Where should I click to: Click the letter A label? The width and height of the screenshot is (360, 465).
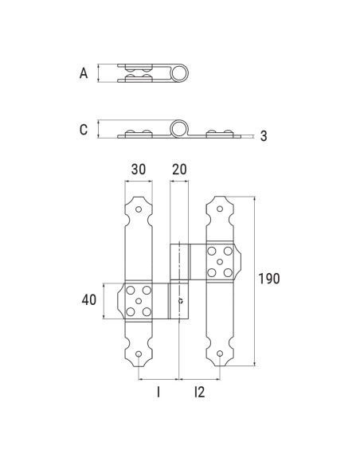[x=84, y=73]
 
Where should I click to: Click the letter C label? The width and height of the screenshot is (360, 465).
[x=84, y=130]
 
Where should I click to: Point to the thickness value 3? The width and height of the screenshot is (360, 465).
[x=264, y=136]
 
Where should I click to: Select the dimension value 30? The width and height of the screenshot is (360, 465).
[x=139, y=170]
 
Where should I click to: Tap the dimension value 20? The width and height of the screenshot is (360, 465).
[x=178, y=170]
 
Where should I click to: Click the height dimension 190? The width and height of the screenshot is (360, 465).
[x=270, y=279]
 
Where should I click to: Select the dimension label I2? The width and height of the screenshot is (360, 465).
[x=199, y=392]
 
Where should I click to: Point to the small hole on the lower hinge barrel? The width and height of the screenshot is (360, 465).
[x=182, y=302]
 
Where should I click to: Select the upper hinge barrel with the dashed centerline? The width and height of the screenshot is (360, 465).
[x=182, y=261]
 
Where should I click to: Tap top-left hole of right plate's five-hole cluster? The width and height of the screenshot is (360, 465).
[x=211, y=251]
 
